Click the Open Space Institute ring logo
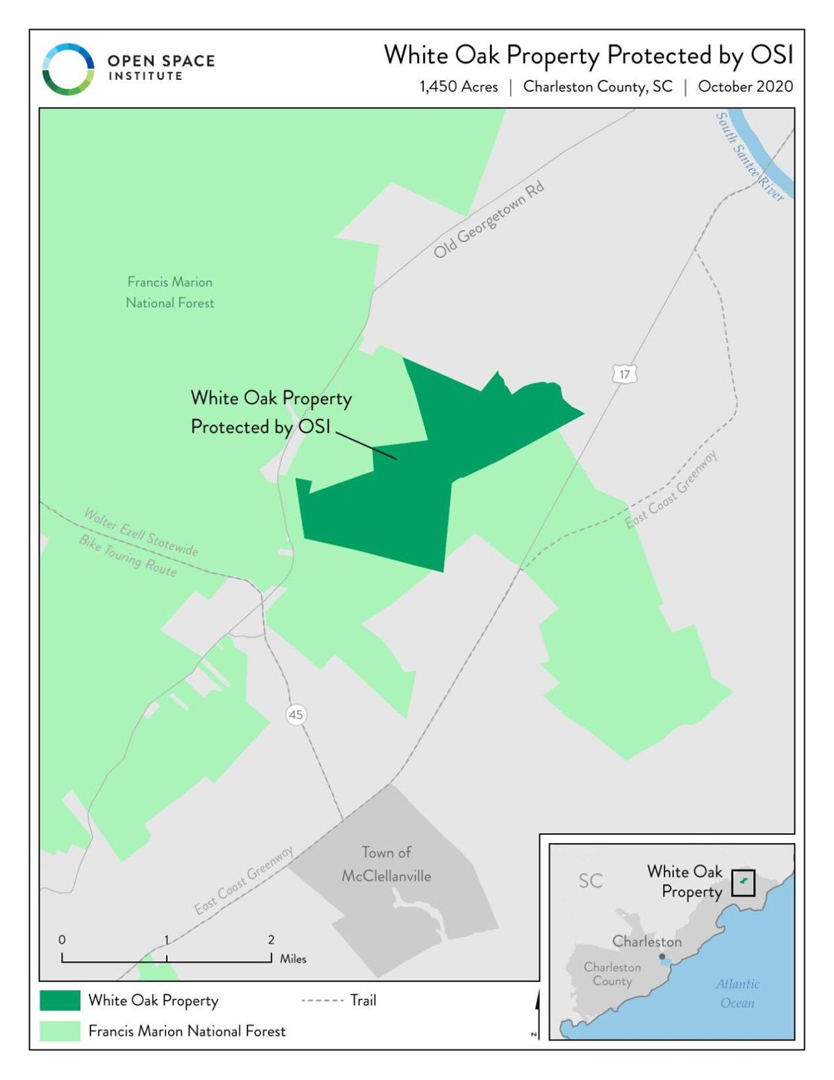(x=68, y=69)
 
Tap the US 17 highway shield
(x=624, y=375)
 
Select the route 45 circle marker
(x=296, y=714)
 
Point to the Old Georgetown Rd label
(x=489, y=220)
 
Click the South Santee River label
(x=749, y=157)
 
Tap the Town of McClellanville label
(x=386, y=864)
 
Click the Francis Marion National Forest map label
(x=170, y=292)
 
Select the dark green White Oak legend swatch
(x=60, y=1000)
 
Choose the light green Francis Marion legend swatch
(x=60, y=1031)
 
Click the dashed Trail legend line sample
(x=322, y=1001)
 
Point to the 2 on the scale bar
(x=271, y=940)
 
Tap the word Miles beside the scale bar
(x=293, y=959)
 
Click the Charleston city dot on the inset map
(x=662, y=957)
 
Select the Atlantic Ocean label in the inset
(x=737, y=993)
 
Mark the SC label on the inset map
(x=591, y=881)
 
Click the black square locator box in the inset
(x=743, y=883)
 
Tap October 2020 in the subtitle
(x=745, y=87)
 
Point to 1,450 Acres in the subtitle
(x=459, y=87)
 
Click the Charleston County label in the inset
(x=612, y=974)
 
